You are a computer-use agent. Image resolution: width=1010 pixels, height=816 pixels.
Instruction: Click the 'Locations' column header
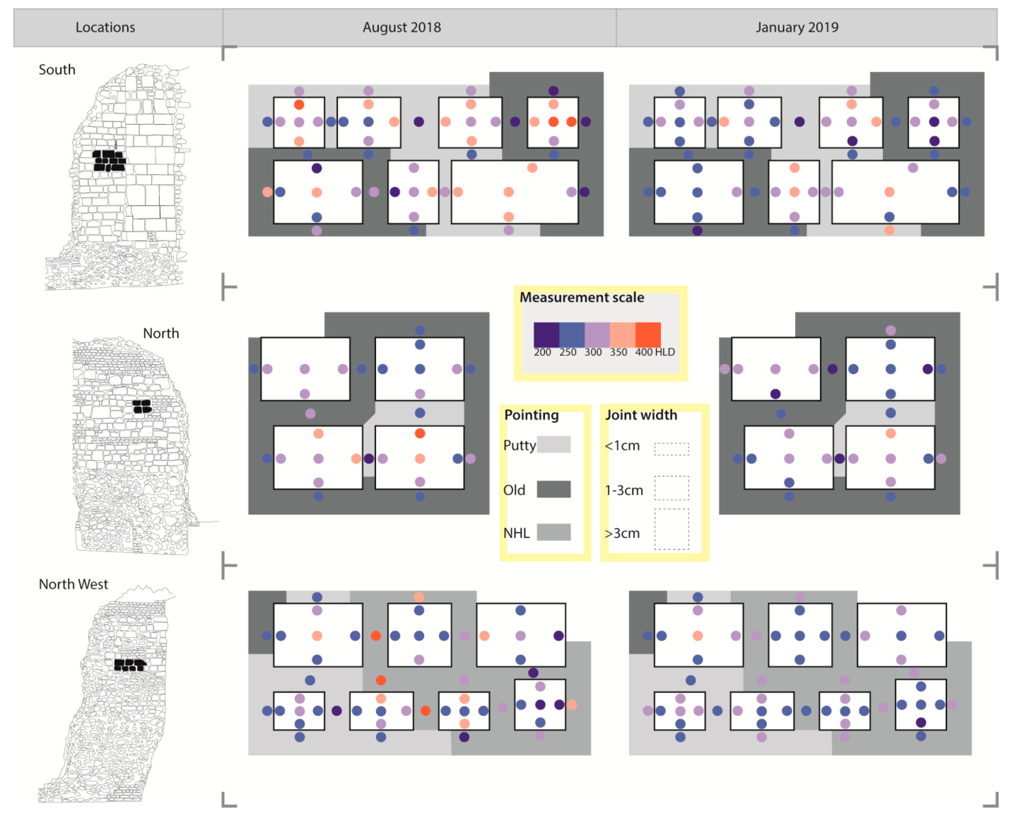tap(105, 27)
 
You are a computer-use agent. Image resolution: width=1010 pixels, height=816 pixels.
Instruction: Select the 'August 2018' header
tap(402, 27)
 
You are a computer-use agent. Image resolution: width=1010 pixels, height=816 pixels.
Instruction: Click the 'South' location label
tap(57, 69)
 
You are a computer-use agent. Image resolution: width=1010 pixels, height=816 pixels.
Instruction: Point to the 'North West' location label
tap(73, 584)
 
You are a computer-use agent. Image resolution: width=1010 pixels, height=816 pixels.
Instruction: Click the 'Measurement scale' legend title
tap(582, 297)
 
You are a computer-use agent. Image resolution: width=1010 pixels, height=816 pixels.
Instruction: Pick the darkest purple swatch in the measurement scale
tap(546, 335)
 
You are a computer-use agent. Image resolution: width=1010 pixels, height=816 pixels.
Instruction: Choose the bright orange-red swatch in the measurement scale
tap(648, 335)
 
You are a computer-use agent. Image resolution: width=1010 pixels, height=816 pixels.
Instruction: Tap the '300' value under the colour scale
tap(593, 352)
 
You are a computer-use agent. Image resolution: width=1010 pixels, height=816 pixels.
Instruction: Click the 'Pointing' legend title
tap(531, 415)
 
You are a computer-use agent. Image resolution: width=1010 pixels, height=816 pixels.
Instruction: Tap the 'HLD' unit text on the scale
tap(665, 352)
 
